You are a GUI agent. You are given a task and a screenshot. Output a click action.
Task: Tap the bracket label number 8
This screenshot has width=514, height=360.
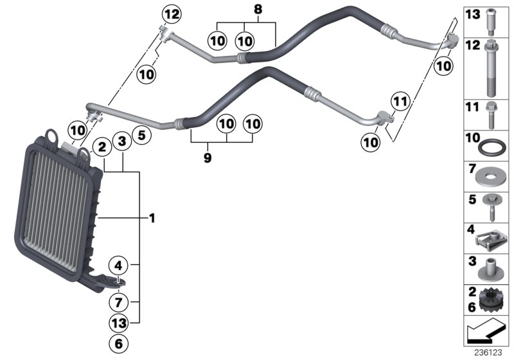[x=258, y=10]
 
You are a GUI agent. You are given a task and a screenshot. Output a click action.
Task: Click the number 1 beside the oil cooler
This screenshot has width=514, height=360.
[x=152, y=219]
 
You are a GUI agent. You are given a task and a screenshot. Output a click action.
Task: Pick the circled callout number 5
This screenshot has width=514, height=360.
[x=143, y=136]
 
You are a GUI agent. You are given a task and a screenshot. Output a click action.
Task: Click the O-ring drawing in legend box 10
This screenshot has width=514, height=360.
[x=489, y=148]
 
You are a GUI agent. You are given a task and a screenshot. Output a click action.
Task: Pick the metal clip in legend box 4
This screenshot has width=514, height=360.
[x=488, y=239]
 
